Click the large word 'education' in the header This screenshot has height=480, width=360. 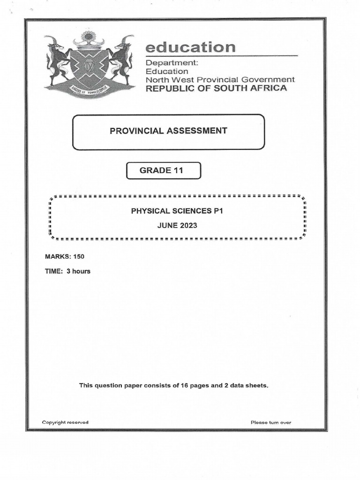(190, 47)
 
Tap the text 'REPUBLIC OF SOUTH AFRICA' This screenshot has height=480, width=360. (216, 88)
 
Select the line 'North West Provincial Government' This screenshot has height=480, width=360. (220, 80)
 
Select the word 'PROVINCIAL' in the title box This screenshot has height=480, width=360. (135, 131)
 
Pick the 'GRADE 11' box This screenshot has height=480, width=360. (164, 171)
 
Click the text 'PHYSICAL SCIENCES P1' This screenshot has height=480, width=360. (177, 211)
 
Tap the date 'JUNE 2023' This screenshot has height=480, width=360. (177, 225)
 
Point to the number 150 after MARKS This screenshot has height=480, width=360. (78, 256)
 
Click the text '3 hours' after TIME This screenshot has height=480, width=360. (78, 271)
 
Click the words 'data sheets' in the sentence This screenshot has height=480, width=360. (249, 385)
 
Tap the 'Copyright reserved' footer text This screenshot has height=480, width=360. (65, 422)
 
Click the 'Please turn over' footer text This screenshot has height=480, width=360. (271, 422)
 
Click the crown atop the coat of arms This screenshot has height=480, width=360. (89, 41)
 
